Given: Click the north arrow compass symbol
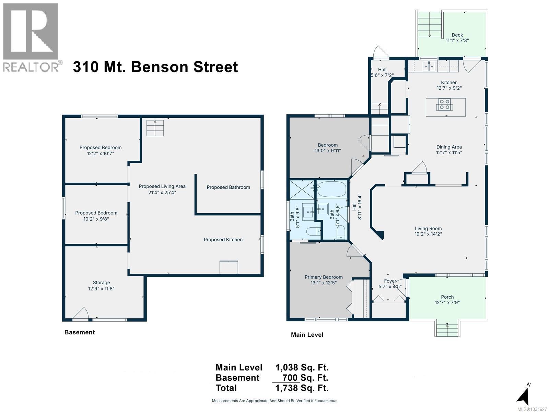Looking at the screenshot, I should click(x=523, y=396).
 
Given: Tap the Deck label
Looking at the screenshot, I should click(x=457, y=35).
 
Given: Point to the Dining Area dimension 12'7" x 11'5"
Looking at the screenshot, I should click(x=449, y=152).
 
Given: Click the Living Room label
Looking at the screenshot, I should click(x=428, y=228).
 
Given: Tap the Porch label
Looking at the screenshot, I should click(x=447, y=297).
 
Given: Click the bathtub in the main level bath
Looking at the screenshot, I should click(x=331, y=189).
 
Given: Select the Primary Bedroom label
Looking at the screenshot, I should click(x=324, y=277).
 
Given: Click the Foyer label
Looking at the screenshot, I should click(x=390, y=281).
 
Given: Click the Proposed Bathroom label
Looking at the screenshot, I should click(x=228, y=187).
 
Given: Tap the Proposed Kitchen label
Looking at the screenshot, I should click(x=223, y=240).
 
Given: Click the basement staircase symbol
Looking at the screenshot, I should click(x=155, y=128).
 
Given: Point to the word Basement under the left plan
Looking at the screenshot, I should click(x=79, y=332).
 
